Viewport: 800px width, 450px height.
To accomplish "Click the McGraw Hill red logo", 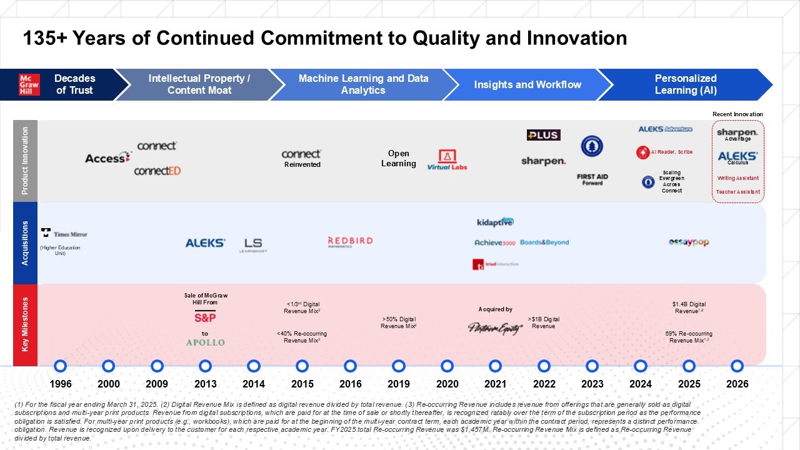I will tap(29, 84).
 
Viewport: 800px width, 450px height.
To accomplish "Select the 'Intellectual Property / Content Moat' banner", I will tap(199, 84).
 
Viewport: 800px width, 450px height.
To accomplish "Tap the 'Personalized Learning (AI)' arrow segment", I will tap(685, 84).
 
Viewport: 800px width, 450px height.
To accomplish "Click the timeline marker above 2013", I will tap(205, 366).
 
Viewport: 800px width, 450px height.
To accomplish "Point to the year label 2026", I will tap(737, 384).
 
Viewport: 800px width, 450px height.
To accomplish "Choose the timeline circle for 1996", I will tap(60, 366).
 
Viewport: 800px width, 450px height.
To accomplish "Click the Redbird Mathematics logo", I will tap(350, 242).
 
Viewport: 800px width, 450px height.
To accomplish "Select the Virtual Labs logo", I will tap(447, 159).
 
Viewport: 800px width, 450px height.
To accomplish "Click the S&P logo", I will tap(205, 317).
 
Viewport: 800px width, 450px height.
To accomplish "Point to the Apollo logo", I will tap(205, 342).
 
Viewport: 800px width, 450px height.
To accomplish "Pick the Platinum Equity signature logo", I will tap(495, 327).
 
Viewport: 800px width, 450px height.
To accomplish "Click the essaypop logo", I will tap(689, 242).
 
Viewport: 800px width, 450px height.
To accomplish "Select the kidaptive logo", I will tap(495, 222).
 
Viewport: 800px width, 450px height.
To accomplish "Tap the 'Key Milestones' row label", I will tap(26, 324).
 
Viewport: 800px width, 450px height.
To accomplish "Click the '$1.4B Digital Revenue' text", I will tap(689, 307).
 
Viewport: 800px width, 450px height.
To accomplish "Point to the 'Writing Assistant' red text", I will tap(738, 178).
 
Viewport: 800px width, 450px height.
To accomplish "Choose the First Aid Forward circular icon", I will tap(592, 146).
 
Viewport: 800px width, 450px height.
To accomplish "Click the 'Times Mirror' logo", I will tap(64, 234).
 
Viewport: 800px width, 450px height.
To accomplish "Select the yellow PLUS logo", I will tap(543, 135).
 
